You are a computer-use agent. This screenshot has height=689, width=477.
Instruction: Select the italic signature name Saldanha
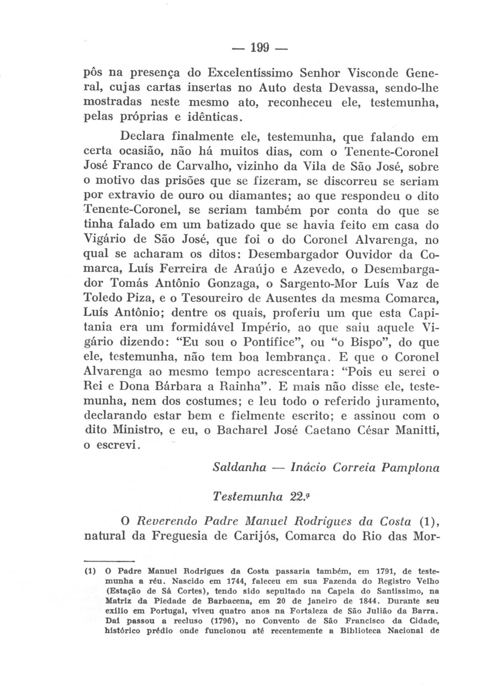tap(239, 468)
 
